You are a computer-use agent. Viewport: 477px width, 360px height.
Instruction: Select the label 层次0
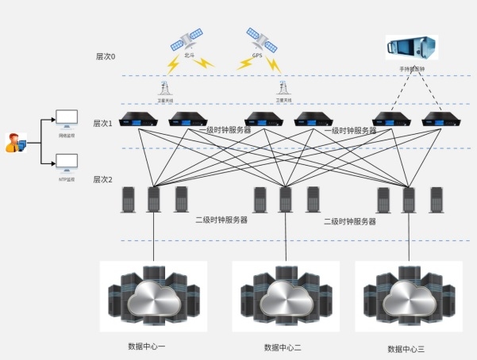[x=106, y=57]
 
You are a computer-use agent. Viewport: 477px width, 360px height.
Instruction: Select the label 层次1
[x=104, y=123]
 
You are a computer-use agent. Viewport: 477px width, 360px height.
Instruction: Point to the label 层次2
[x=104, y=180]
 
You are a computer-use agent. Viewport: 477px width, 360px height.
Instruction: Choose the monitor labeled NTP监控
[x=67, y=164]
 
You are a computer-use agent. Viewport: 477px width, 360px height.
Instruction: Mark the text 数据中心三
[x=406, y=349]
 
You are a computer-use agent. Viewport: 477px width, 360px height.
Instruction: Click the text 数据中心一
[x=147, y=347]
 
